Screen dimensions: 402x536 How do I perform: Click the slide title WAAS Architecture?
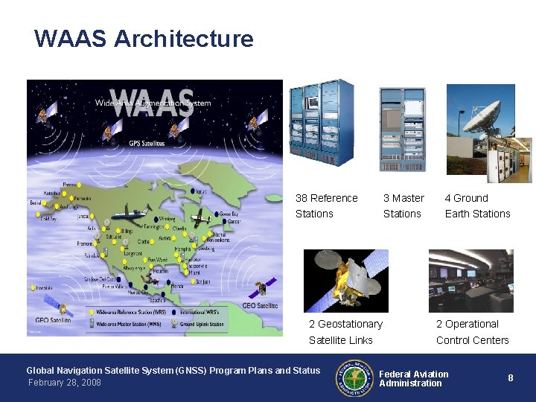(144, 39)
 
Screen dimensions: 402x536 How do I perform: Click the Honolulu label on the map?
(45, 288)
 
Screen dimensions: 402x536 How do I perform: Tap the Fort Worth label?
(158, 260)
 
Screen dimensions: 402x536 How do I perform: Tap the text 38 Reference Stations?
(326, 205)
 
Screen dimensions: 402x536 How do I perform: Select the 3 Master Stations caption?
(403, 205)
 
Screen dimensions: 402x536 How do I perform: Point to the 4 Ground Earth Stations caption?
(477, 205)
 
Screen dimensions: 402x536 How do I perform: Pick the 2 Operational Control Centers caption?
(472, 332)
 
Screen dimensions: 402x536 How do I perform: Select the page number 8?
(511, 378)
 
